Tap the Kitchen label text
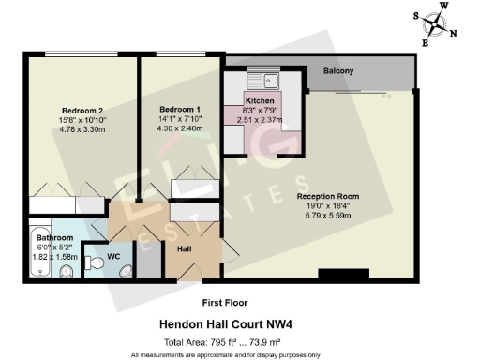click(x=260, y=100)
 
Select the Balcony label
click(x=339, y=72)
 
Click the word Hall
click(x=185, y=249)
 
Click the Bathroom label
click(x=45, y=238)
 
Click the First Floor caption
click(x=224, y=304)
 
